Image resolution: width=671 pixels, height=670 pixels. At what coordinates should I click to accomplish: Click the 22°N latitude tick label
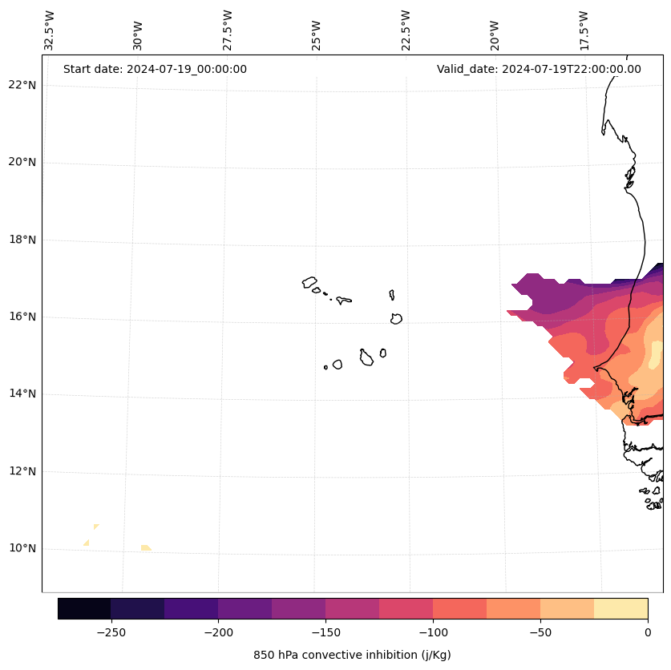pyautogui.click(x=22, y=85)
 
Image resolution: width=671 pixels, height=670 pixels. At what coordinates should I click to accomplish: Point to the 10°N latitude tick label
pyautogui.click(x=22, y=549)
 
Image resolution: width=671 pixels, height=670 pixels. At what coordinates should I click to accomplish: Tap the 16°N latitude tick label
pyautogui.click(x=22, y=317)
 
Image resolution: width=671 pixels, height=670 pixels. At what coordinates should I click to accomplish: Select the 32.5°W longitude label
pyautogui.click(x=50, y=31)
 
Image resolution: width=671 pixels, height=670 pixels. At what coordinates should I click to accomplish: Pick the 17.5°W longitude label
pyautogui.click(x=584, y=31)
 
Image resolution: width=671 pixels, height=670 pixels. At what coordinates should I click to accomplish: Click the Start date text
pyautogui.click(x=155, y=69)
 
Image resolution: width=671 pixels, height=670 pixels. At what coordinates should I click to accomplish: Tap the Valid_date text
pyautogui.click(x=539, y=69)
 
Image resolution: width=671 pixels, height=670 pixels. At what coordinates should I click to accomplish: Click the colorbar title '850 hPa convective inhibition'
pyautogui.click(x=352, y=655)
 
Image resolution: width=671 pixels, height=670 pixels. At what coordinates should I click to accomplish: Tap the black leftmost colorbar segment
pyautogui.click(x=84, y=609)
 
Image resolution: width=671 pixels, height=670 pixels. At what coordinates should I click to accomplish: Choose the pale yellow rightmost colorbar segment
pyautogui.click(x=620, y=609)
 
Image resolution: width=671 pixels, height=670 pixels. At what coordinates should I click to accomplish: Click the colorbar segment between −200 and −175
pyautogui.click(x=245, y=609)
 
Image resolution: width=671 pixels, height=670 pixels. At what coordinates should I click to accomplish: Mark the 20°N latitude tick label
pyautogui.click(x=22, y=162)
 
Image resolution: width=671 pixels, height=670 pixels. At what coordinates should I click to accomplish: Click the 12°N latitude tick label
pyautogui.click(x=22, y=471)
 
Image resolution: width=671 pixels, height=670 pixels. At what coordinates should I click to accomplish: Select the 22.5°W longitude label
pyautogui.click(x=406, y=31)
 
